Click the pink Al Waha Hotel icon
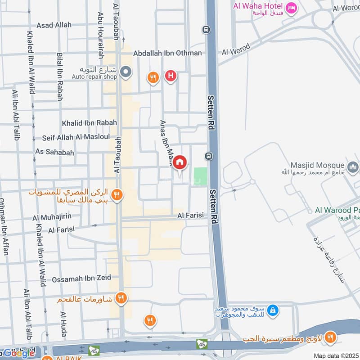pyautogui.click(x=291, y=7)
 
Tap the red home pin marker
pyautogui.click(x=180, y=162)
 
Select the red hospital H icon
pyautogui.click(x=170, y=76)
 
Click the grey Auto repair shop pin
pyautogui.click(x=126, y=72)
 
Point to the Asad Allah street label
pyautogui.click(x=54, y=25)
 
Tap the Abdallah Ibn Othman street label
pyautogui.click(x=167, y=53)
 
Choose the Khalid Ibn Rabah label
pyautogui.click(x=89, y=122)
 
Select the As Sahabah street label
pyautogui.click(x=54, y=153)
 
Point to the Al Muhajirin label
pyautogui.click(x=55, y=218)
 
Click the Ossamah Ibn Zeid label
pyautogui.click(x=81, y=279)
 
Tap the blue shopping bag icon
pyautogui.click(x=272, y=310)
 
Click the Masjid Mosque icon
pyautogui.click(x=353, y=167)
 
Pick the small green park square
pyautogui.click(x=201, y=175)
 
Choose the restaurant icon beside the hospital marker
pyautogui.click(x=153, y=78)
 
